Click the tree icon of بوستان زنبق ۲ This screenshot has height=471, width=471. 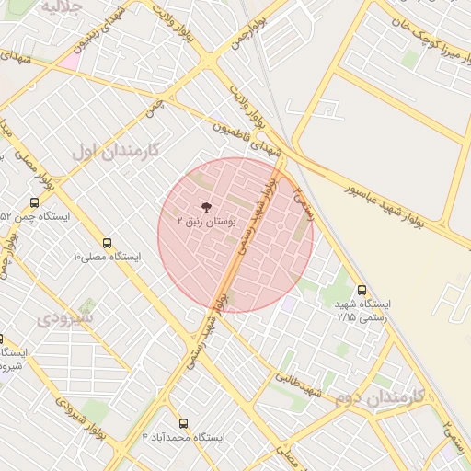[206, 207]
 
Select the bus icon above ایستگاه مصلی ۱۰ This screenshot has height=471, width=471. [108, 244]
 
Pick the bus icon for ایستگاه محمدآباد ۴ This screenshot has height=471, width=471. [183, 423]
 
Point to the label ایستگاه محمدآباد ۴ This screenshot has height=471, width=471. [183, 437]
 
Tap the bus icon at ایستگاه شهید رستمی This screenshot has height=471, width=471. [362, 290]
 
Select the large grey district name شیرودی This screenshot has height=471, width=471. [64, 319]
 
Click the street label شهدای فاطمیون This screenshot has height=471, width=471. [247, 142]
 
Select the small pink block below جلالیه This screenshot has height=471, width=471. [68, 60]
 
